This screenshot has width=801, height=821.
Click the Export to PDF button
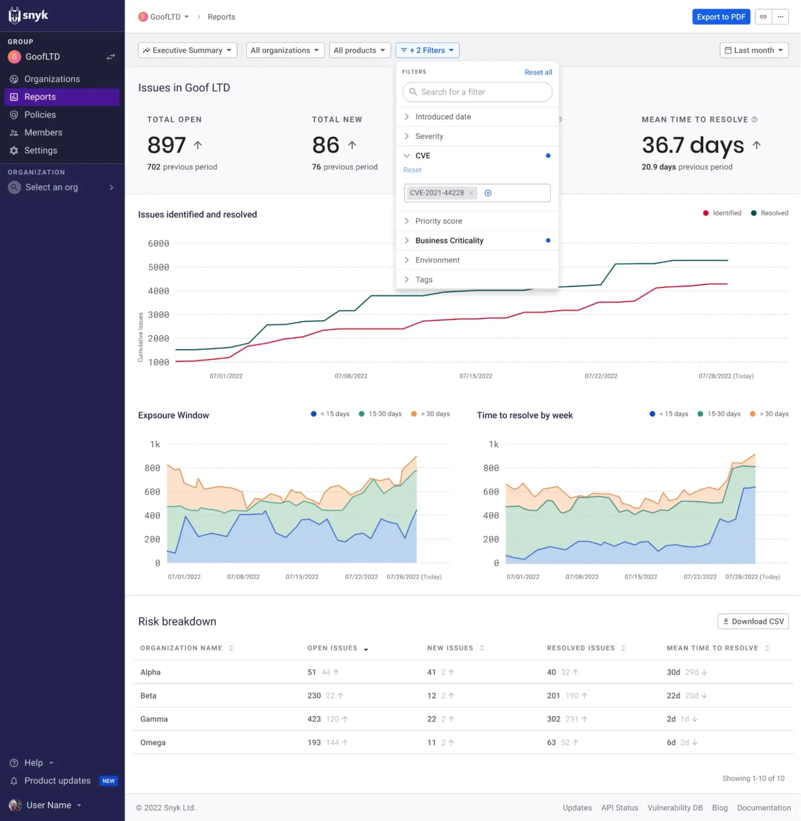tap(721, 17)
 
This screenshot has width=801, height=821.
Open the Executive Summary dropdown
tap(187, 50)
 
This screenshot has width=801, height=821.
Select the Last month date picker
tap(754, 50)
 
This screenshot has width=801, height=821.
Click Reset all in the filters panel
tap(538, 72)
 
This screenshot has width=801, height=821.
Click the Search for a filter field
tap(477, 92)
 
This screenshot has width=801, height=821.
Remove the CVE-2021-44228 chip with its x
tap(471, 193)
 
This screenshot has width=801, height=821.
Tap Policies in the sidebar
tap(40, 115)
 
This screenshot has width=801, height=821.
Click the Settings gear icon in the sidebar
tap(14, 150)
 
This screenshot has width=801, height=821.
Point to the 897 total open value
tap(167, 145)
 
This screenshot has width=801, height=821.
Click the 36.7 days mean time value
tap(692, 145)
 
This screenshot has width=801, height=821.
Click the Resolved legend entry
tap(769, 213)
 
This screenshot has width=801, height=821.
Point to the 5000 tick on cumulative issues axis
tap(158, 267)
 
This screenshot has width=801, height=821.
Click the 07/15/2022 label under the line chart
tap(475, 376)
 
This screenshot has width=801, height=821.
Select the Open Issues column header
tap(332, 648)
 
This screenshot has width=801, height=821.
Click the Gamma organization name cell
tap(154, 719)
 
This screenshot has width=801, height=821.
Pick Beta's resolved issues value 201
tap(553, 696)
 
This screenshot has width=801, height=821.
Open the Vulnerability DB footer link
tap(675, 807)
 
